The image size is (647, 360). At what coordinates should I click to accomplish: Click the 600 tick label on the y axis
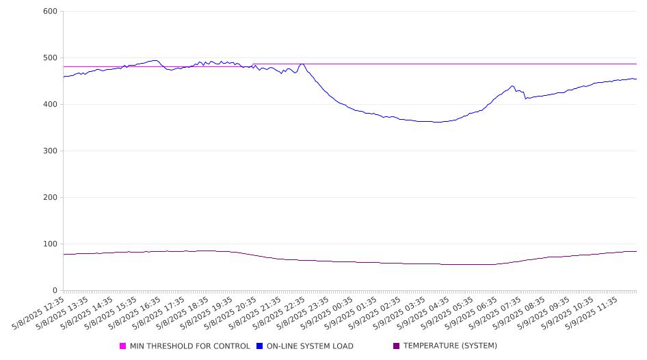[x=50, y=11]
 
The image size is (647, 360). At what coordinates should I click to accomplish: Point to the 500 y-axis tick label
[x=50, y=57]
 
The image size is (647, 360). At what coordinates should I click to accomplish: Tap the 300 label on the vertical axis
[x=50, y=151]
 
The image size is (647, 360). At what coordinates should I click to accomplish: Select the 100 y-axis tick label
[x=50, y=244]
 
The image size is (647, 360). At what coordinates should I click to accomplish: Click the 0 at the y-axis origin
[x=55, y=291]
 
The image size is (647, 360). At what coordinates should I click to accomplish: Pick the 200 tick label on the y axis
[x=50, y=197]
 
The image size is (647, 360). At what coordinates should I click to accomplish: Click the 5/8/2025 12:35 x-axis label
[x=38, y=313]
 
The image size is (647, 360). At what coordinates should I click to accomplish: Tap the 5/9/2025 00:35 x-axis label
[x=327, y=313]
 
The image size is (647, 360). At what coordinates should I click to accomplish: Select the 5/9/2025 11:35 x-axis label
[x=592, y=313]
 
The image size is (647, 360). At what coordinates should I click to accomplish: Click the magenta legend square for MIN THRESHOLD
[x=122, y=346]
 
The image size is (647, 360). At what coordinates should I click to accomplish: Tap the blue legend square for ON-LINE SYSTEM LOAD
[x=259, y=346]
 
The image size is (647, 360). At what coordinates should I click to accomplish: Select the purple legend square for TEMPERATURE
[x=397, y=346]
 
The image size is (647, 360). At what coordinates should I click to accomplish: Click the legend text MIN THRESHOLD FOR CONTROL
[x=190, y=346]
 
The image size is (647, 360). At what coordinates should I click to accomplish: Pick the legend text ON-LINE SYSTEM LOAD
[x=310, y=346]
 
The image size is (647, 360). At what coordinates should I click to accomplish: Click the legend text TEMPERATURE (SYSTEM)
[x=450, y=346]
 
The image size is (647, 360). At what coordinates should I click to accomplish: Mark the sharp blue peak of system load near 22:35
[x=302, y=64]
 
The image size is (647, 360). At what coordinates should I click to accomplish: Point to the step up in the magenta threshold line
[x=253, y=65]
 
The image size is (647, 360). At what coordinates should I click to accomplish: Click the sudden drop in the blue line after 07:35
[x=525, y=95]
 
